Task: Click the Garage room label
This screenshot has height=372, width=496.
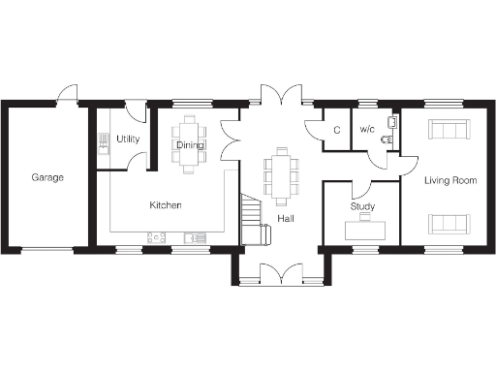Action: [47, 178]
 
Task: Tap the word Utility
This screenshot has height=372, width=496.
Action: [128, 139]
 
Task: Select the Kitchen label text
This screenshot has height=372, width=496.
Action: [166, 206]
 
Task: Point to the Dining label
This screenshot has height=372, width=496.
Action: [190, 145]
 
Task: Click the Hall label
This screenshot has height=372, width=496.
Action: [285, 219]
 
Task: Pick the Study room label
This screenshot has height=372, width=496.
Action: [363, 207]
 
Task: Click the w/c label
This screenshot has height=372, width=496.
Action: [367, 130]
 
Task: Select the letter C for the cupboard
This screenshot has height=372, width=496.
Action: [336, 130]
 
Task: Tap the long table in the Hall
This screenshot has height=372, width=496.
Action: [282, 174]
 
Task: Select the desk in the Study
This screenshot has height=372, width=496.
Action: [371, 229]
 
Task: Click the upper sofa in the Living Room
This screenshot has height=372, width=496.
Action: [449, 129]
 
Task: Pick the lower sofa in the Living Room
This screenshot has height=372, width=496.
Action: [449, 224]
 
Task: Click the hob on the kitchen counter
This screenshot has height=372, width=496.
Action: [156, 236]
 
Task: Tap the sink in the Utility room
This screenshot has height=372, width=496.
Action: [103, 141]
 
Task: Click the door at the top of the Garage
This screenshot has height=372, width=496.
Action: [67, 93]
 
